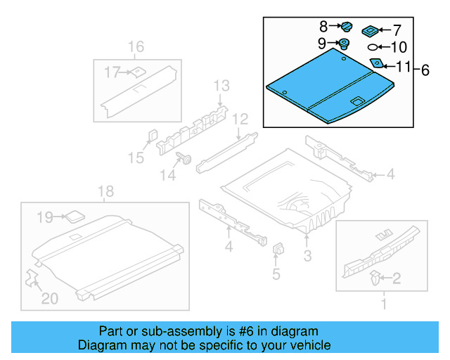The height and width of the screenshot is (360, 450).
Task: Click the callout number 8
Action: pos(323,27)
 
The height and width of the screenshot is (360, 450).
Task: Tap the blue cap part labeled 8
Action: pos(346,27)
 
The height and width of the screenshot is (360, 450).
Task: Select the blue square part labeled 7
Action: pos(369,31)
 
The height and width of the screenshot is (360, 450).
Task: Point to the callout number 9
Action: pos(321,44)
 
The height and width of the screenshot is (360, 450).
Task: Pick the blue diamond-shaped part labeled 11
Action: pos(377,63)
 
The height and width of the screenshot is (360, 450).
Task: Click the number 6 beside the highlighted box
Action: pos(425,70)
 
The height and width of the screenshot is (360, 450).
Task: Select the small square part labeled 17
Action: pos(138,70)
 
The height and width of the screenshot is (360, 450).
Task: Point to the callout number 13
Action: pos(221,86)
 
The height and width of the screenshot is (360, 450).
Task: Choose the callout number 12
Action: pos(240,118)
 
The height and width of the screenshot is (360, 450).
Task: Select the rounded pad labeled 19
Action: pos(75,215)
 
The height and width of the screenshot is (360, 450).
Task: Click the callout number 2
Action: pos(396,279)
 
